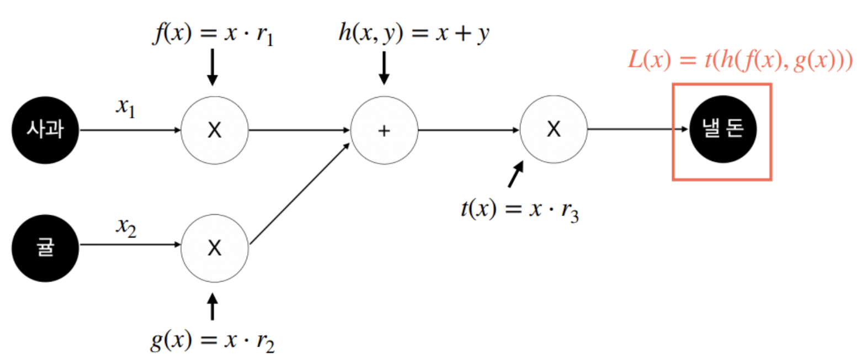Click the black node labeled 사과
click(x=46, y=130)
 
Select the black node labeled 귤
click(x=46, y=248)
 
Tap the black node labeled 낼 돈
click(x=723, y=130)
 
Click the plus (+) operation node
click(x=385, y=131)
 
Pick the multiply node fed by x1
click(x=215, y=130)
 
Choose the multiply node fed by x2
click(x=215, y=248)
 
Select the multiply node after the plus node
click(x=554, y=130)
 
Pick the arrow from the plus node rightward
click(x=469, y=131)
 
